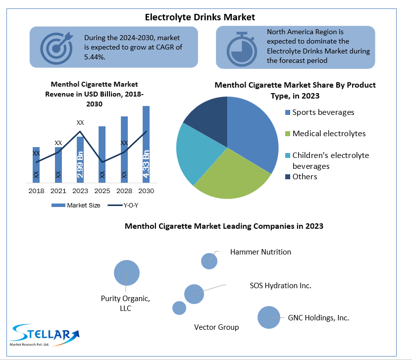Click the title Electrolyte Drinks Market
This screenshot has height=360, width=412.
(x=200, y=17)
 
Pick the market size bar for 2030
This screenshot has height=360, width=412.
(x=146, y=144)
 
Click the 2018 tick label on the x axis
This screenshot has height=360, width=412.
(x=36, y=191)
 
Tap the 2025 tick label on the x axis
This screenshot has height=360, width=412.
(x=102, y=191)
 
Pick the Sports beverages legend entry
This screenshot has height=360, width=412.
(x=323, y=112)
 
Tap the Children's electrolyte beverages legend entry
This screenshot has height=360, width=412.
(x=330, y=160)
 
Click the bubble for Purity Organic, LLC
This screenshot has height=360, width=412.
(x=127, y=273)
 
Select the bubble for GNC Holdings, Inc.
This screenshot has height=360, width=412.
(x=269, y=317)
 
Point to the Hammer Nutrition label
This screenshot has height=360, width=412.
(x=260, y=252)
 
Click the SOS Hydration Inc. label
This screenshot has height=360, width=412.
(x=280, y=286)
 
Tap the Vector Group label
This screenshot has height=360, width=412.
(x=216, y=327)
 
